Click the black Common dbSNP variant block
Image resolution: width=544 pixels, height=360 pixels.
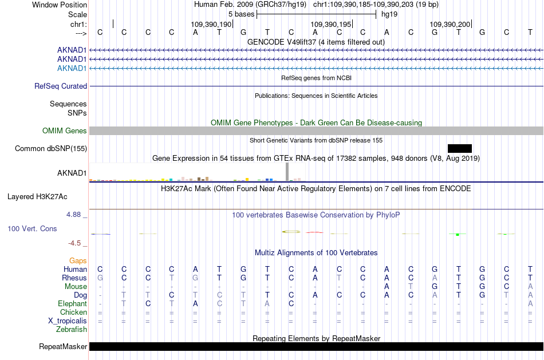[460, 148]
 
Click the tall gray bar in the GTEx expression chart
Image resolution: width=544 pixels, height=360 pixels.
[287, 172]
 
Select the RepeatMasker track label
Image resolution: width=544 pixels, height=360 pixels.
[63, 346]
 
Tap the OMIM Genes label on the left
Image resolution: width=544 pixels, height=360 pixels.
[64, 130]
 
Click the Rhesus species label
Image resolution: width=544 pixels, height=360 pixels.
[74, 278]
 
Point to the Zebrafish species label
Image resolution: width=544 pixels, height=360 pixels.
[72, 329]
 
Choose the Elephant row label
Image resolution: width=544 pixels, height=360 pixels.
[72, 303]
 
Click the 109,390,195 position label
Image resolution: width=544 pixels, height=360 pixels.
[331, 24]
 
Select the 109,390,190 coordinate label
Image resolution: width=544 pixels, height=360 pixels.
[211, 24]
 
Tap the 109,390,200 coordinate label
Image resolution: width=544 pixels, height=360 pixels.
[450, 24]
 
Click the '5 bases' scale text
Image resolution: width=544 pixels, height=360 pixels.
[242, 14]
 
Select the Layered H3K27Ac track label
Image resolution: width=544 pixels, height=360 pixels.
[37, 197]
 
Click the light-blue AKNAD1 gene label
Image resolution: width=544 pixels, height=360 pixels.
[72, 68]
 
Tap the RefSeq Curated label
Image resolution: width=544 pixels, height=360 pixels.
[61, 86]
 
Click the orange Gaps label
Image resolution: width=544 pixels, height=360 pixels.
[78, 260]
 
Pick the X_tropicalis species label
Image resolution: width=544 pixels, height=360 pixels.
[68, 321]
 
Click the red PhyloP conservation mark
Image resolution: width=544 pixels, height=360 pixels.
[314, 232]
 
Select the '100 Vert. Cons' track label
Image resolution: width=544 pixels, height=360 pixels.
[32, 228]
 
